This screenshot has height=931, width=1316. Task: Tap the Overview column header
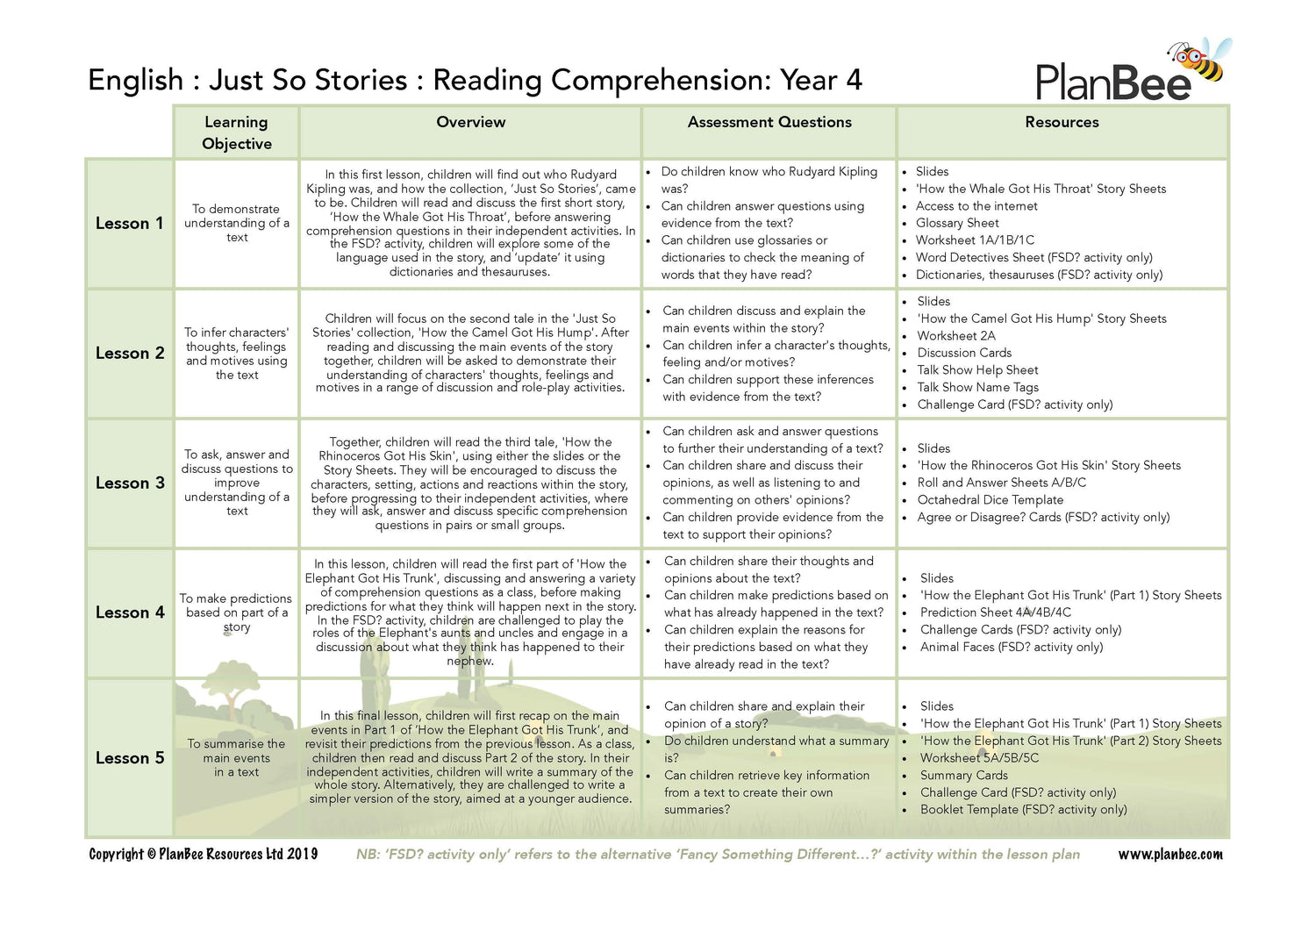pos(470,123)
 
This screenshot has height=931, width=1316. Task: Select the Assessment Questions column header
pos(769,123)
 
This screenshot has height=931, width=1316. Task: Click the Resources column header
pos(1062,123)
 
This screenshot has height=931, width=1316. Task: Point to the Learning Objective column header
pos(237,132)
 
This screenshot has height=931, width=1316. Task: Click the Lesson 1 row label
pos(130,224)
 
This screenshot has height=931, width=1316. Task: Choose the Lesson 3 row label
pos(130,483)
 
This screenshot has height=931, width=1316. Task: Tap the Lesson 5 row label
pos(130,758)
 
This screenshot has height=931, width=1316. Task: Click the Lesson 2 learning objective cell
pos(237,354)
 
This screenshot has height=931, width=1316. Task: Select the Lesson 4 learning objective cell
pos(237,612)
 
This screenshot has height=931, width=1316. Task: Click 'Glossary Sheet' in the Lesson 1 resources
pos(957,223)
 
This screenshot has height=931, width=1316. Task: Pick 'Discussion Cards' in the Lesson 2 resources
pos(964,353)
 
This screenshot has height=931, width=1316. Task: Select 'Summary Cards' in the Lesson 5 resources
pos(963,776)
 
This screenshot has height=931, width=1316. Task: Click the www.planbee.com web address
pos(1169,855)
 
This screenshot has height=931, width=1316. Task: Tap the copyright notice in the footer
pos(204,855)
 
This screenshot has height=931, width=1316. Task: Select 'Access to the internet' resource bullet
pos(976,206)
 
